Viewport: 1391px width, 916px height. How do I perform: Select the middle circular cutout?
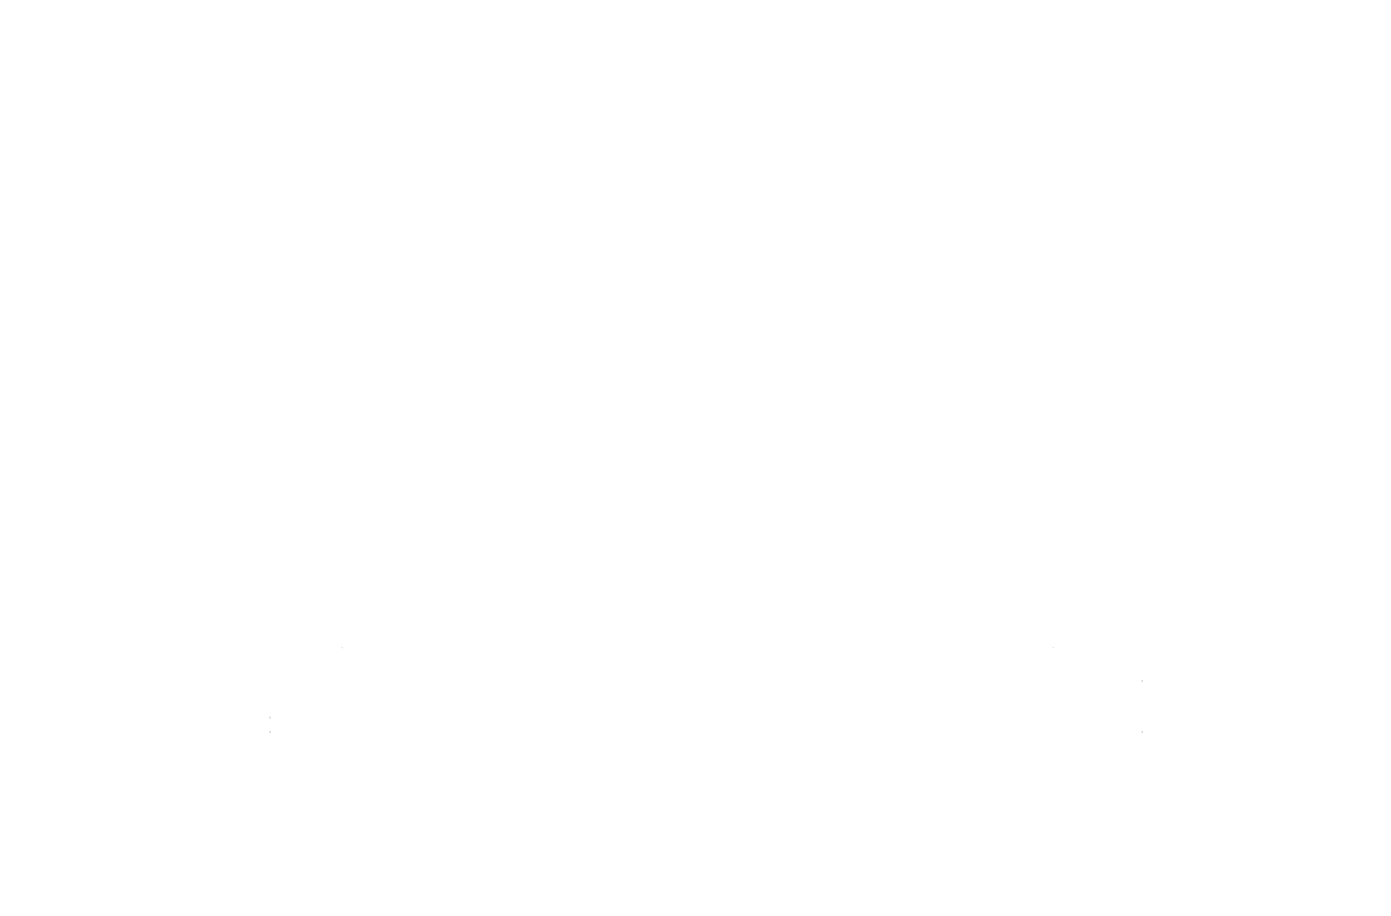(690, 253)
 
